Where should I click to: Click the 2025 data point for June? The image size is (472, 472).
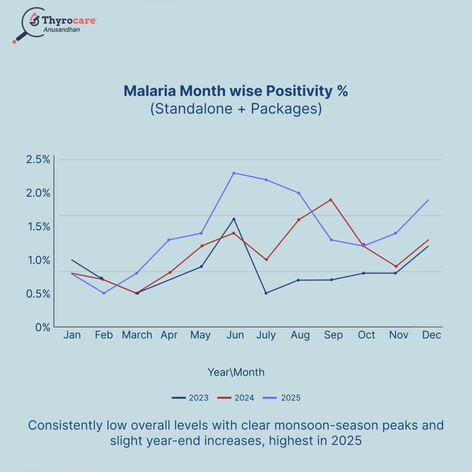(x=234, y=173)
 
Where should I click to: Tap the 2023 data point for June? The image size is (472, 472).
(x=234, y=219)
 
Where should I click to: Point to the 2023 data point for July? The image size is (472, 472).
(x=266, y=293)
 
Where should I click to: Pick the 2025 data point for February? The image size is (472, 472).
(x=104, y=293)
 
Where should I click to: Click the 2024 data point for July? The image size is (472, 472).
(x=266, y=260)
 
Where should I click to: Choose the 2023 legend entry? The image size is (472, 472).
(x=190, y=398)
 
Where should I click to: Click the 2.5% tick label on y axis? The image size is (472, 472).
(x=38, y=160)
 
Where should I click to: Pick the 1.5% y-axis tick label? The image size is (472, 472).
(x=38, y=227)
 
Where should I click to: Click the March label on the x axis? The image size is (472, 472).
(x=137, y=335)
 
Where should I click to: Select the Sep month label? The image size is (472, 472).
(x=333, y=335)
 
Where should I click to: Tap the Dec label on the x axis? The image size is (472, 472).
(x=432, y=335)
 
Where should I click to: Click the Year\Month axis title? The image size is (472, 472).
(x=236, y=372)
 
